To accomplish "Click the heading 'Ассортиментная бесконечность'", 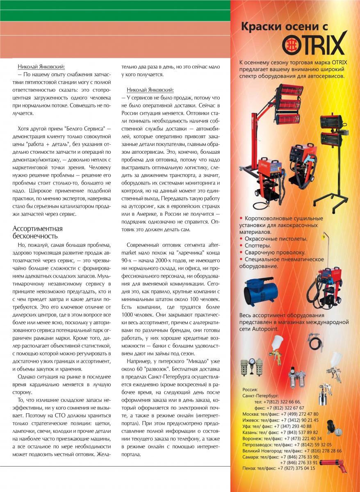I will click(x=38, y=232).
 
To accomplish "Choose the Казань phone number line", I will click(x=280, y=432).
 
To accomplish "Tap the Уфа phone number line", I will click(x=277, y=426).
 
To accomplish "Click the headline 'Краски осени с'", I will click(x=285, y=27).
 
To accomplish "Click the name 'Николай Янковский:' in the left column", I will click(x=41, y=66).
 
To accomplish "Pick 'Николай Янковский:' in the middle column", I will click(x=150, y=90).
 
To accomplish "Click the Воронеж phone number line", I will click(x=282, y=438).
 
